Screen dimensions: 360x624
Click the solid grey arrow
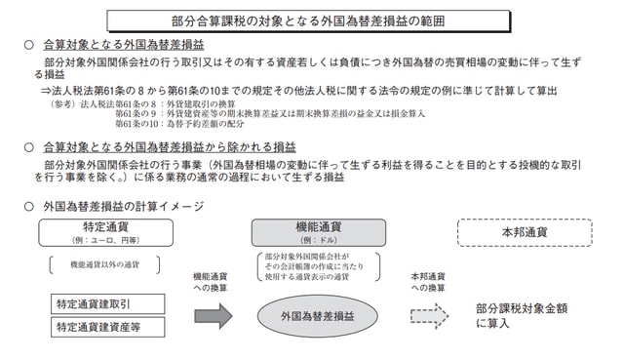click(214, 315)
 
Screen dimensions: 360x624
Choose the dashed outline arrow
click(430, 315)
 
